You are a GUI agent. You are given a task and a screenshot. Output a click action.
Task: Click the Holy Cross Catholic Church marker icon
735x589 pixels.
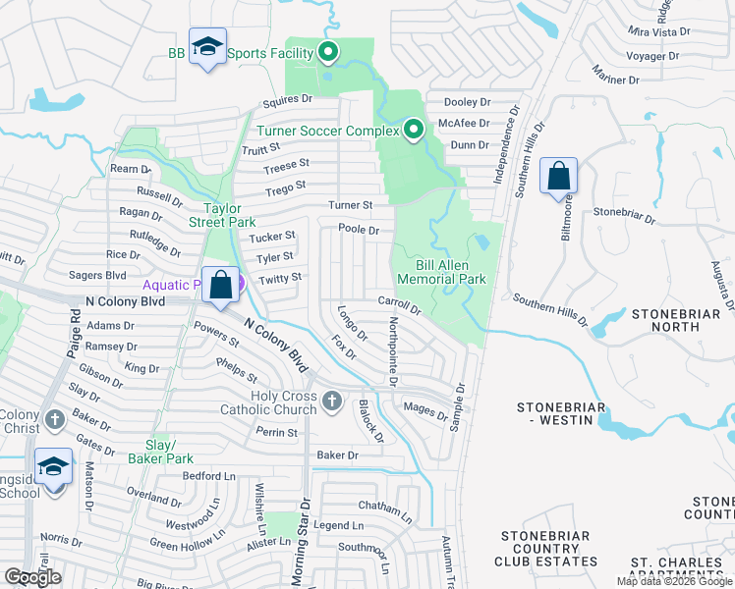332,400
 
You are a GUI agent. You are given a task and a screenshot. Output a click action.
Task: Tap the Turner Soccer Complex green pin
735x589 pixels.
414,130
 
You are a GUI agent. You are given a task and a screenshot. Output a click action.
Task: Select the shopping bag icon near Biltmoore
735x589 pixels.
558,177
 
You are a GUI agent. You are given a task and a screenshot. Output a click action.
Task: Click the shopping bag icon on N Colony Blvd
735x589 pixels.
221,286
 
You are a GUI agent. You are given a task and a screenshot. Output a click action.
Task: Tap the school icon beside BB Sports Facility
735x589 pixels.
207,47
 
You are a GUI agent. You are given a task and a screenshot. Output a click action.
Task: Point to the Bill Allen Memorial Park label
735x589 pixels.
439,272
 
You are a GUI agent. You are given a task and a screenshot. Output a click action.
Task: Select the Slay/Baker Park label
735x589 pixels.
160,452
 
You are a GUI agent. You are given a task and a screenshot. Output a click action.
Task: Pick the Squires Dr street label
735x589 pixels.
287,99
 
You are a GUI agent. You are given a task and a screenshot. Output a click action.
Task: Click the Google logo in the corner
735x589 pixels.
32,577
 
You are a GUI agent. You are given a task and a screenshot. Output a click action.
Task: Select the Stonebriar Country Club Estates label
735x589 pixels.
549,549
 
